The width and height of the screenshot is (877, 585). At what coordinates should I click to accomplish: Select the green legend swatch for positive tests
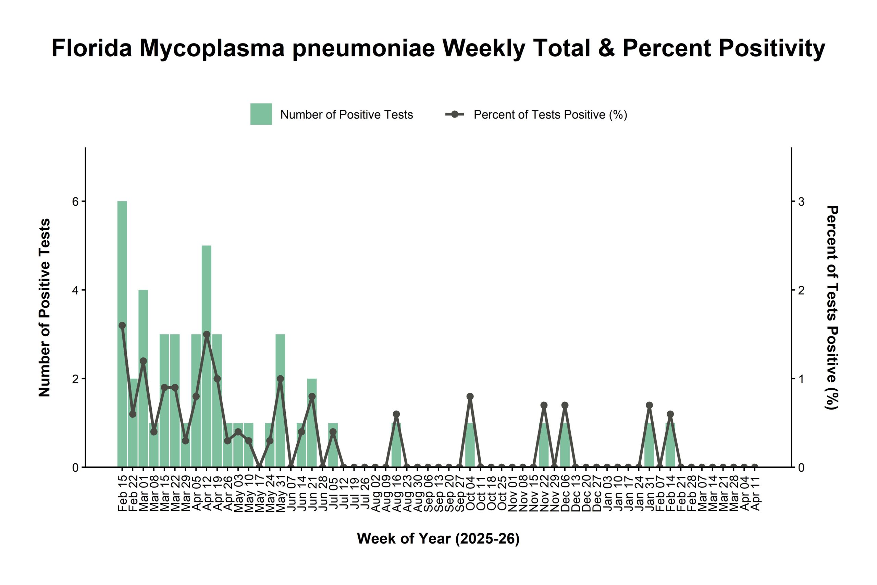[261, 114]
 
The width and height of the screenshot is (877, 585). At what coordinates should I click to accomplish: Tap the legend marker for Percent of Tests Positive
[455, 114]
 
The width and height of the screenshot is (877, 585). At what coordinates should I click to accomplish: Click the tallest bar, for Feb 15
[122, 336]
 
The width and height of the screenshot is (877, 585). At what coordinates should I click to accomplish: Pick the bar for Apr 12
[207, 373]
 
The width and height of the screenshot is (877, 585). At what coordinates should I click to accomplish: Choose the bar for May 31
[281, 411]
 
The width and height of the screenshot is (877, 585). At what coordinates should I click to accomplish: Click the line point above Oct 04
[470, 397]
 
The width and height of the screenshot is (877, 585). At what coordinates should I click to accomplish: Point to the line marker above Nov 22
[544, 405]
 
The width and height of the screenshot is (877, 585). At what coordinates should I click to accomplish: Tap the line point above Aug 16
[396, 414]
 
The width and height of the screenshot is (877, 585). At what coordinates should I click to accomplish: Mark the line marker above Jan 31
[649, 405]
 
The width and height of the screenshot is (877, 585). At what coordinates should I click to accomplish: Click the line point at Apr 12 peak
[207, 334]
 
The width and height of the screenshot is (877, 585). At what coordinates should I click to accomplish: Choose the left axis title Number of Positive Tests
[45, 308]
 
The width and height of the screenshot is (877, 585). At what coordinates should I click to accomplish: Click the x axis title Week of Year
[438, 539]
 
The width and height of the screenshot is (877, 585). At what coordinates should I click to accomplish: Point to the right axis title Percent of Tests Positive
[832, 308]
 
